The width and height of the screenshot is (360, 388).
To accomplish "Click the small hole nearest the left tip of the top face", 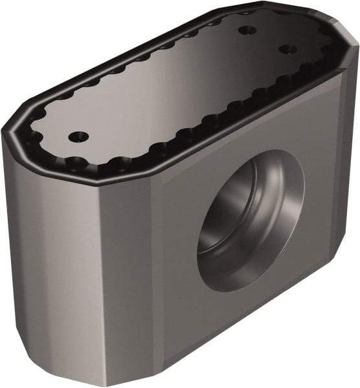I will tap(78, 136).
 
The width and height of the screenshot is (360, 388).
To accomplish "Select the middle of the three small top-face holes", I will tap(245, 30).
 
